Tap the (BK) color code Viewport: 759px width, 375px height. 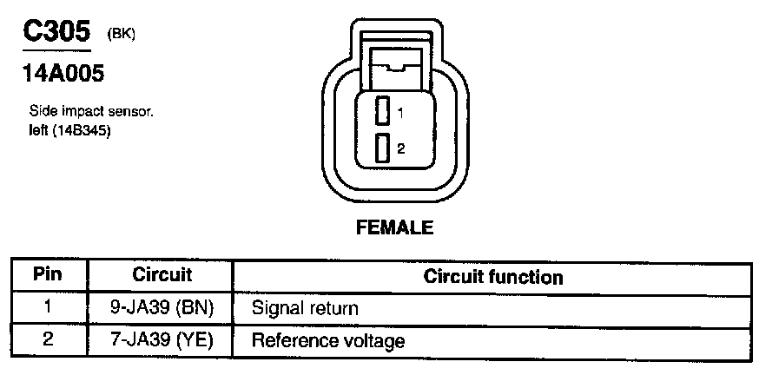122,34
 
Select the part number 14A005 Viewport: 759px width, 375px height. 62,74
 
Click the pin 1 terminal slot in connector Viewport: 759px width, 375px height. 382,113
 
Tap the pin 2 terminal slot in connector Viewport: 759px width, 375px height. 382,148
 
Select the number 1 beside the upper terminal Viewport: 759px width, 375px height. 400,113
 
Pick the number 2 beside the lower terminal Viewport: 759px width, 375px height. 400,148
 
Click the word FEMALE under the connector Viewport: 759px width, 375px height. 394,228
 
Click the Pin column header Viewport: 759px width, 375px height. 49,275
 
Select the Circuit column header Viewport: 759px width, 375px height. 162,275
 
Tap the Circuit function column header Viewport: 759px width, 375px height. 492,277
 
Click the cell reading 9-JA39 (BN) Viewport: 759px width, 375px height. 162,307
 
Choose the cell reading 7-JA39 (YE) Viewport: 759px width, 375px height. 162,339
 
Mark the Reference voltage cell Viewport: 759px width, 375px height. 327,340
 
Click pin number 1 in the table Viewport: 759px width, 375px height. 49,307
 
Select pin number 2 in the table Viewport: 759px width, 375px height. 49,339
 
